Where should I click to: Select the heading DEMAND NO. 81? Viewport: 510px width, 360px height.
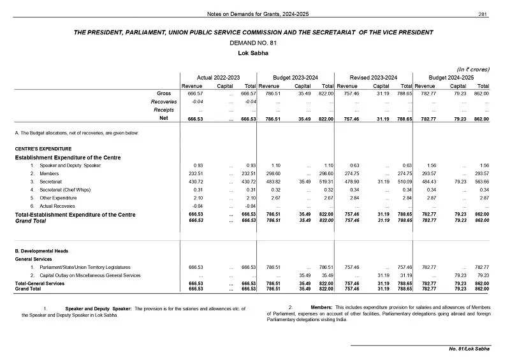tap(254, 43)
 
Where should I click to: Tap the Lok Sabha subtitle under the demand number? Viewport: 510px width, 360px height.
tap(255, 53)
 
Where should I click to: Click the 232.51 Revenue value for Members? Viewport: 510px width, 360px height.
tap(194, 173)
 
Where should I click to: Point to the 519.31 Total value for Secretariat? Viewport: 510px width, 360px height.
tap(325, 182)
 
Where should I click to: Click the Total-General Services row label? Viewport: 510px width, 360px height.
tap(40, 283)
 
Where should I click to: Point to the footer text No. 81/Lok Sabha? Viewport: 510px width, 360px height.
tap(469, 349)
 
